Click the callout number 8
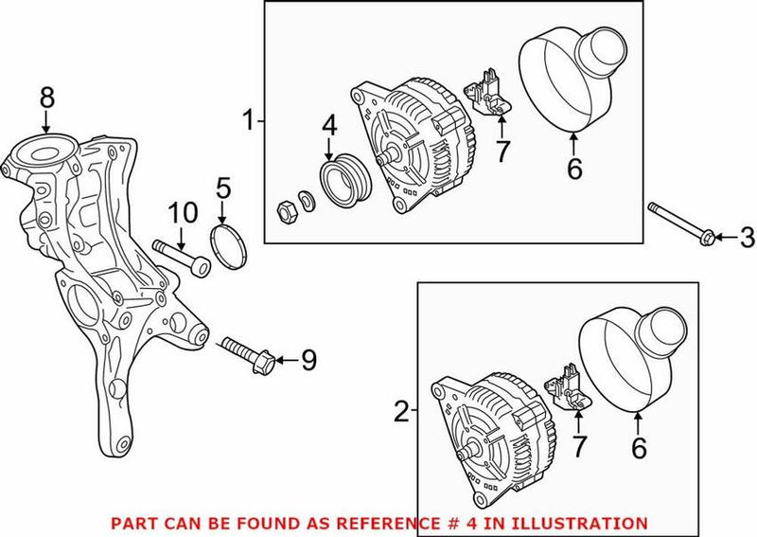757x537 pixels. click(46, 97)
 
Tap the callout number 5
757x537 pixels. click(223, 188)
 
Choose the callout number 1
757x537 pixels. click(249, 120)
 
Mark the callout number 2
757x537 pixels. click(402, 411)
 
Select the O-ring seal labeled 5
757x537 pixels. click(225, 242)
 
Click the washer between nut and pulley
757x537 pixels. click(307, 199)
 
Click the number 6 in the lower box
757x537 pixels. click(640, 449)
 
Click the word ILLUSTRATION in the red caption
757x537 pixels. click(586, 523)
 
